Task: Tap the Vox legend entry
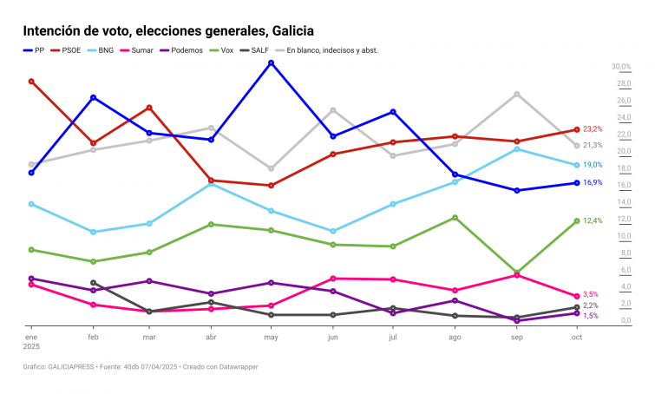tap(221, 50)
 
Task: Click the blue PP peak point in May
tap(272, 62)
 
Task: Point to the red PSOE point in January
tap(31, 82)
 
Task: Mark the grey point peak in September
tap(517, 94)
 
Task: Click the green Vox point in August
tap(455, 218)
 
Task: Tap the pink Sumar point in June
tap(333, 279)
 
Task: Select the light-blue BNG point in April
tap(211, 183)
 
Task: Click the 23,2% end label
tap(593, 128)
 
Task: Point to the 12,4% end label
tap(593, 220)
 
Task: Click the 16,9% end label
tap(593, 182)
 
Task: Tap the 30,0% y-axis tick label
tap(620, 67)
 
